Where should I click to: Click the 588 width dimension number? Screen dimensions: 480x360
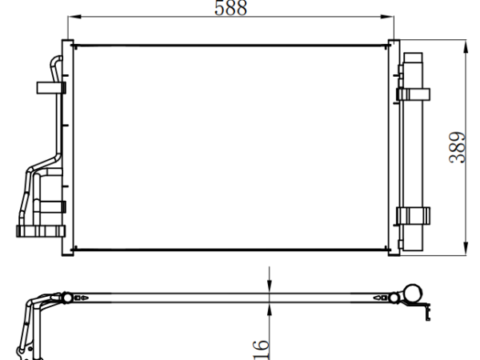point(230,8)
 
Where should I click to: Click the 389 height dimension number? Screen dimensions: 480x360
point(458,147)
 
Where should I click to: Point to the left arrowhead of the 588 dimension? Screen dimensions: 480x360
point(74,16)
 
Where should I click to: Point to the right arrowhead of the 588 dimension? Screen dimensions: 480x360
point(387,16)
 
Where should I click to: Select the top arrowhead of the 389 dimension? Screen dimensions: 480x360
point(466,47)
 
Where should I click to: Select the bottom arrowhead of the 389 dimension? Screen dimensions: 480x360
point(466,248)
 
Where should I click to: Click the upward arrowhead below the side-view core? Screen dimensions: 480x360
point(270,310)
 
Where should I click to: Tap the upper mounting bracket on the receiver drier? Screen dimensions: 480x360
point(414,94)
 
